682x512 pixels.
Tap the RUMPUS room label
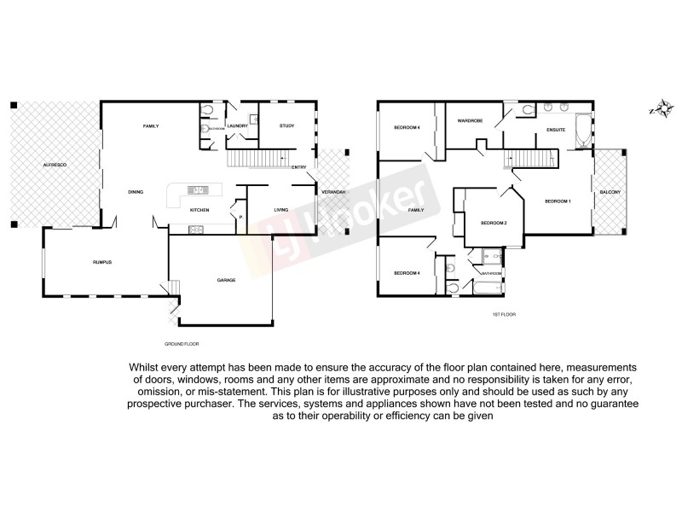(x=103, y=262)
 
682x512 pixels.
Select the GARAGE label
(x=226, y=280)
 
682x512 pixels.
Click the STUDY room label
(x=286, y=126)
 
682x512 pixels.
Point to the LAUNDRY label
(x=238, y=126)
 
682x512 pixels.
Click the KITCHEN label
(x=199, y=210)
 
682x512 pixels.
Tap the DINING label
(x=136, y=192)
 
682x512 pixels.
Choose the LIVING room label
(x=281, y=210)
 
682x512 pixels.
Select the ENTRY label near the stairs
(x=298, y=167)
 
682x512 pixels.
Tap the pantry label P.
(x=241, y=217)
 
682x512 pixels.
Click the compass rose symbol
(x=656, y=109)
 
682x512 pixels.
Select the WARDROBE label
(x=470, y=121)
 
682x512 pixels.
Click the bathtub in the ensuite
(x=585, y=129)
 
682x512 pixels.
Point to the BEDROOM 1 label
(x=558, y=201)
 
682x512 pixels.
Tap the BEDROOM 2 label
(x=494, y=224)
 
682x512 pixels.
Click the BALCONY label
(x=610, y=192)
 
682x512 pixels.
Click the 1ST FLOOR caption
(x=505, y=314)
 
